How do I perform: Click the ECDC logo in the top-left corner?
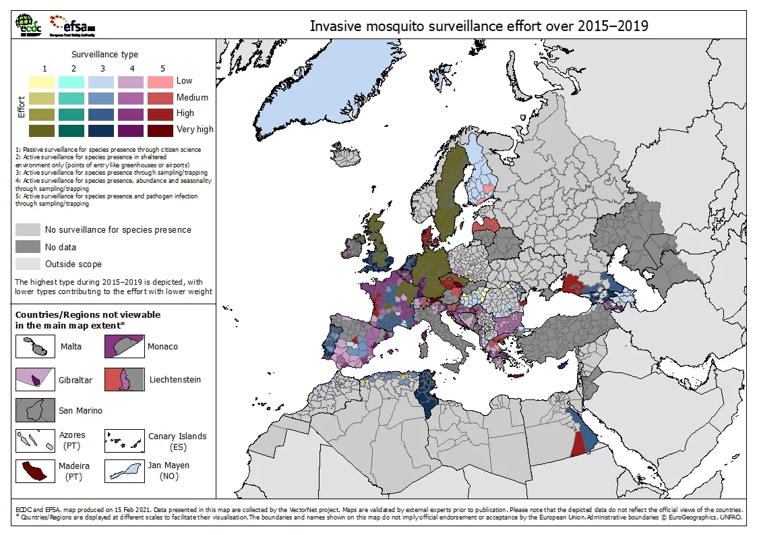click(28, 25)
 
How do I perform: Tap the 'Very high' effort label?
click(195, 130)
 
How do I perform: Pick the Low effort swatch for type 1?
click(43, 82)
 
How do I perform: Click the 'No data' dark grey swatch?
click(28, 247)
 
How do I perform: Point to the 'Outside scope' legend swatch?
click(28, 264)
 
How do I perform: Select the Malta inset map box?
click(35, 346)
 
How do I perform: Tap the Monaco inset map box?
click(124, 346)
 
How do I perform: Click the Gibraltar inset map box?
click(35, 380)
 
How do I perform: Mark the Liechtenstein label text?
click(175, 380)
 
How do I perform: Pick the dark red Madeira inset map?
click(35, 470)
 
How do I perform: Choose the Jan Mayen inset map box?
click(124, 470)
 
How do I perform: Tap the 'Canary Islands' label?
click(177, 437)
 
